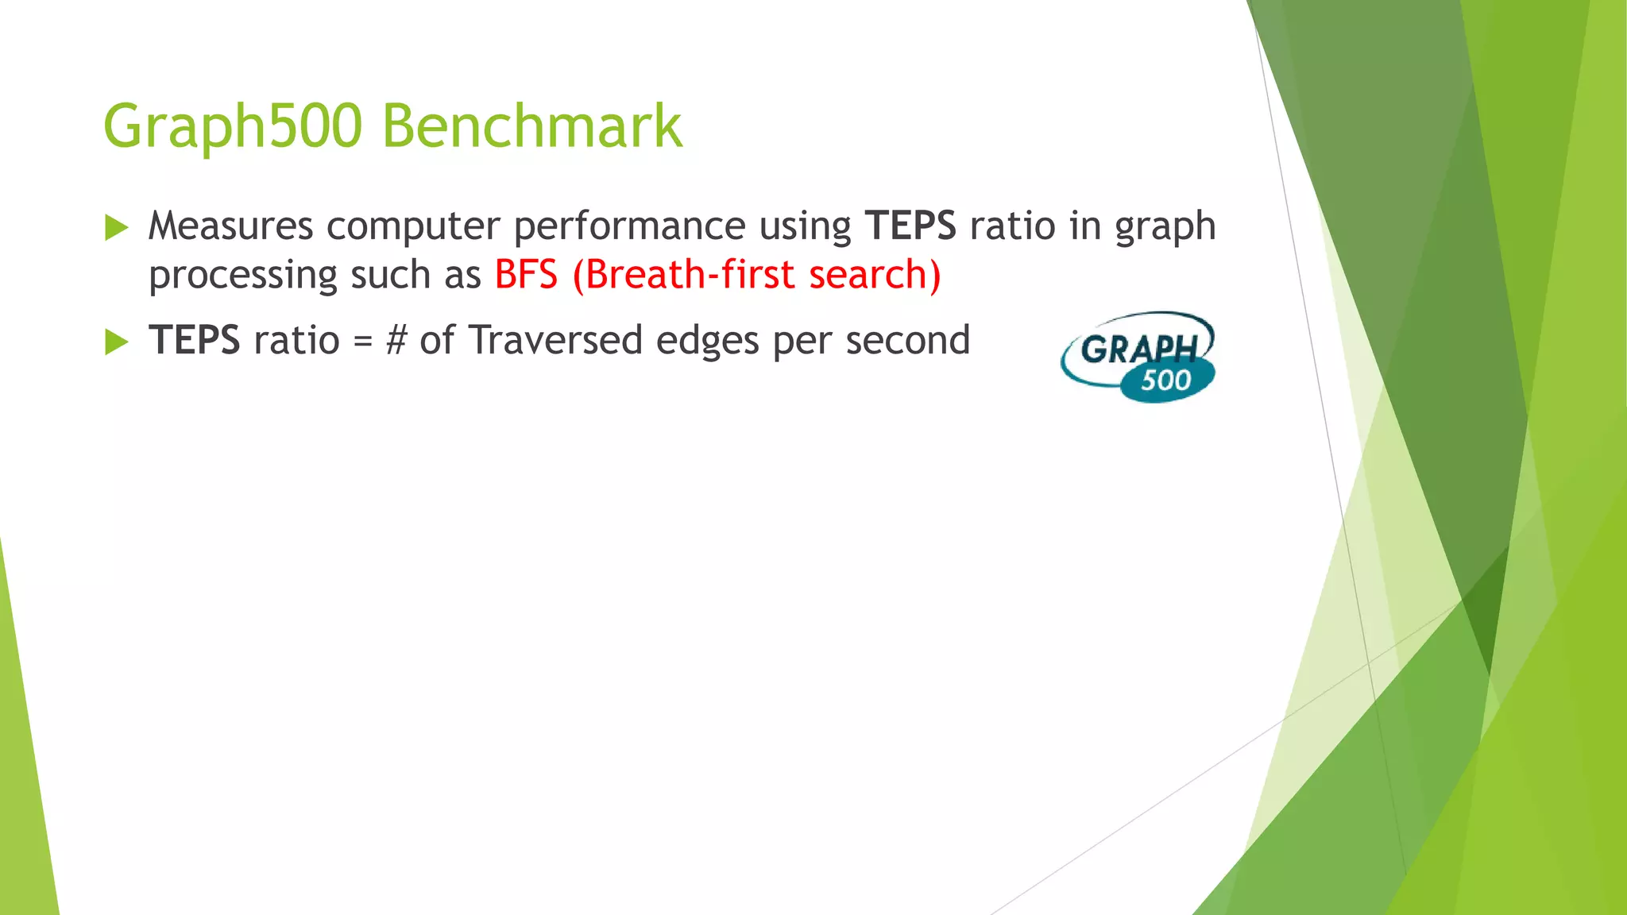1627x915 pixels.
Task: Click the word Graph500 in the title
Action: (x=233, y=127)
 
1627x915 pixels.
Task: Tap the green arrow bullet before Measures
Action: (x=116, y=228)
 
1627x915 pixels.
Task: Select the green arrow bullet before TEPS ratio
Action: (x=116, y=342)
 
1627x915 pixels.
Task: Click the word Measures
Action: (x=230, y=226)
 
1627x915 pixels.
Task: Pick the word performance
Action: (x=629, y=227)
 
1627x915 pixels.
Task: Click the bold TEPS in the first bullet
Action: (x=910, y=226)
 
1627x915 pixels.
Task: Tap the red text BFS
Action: (x=526, y=275)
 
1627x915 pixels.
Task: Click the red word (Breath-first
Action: (x=683, y=275)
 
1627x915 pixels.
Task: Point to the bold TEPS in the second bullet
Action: (x=195, y=340)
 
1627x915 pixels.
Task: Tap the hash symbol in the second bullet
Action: (x=396, y=341)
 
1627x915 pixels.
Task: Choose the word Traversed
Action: (x=555, y=340)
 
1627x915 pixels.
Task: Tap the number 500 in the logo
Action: (x=1165, y=380)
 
